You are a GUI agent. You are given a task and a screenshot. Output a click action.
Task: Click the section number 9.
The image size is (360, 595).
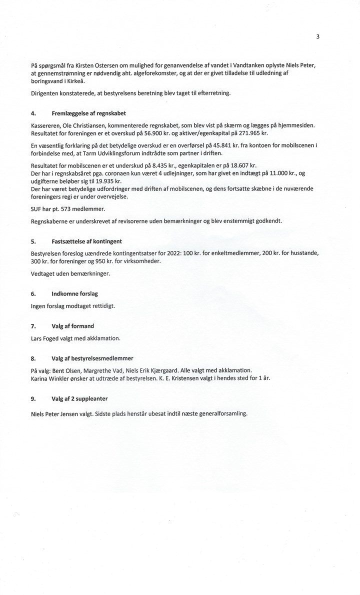33,398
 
